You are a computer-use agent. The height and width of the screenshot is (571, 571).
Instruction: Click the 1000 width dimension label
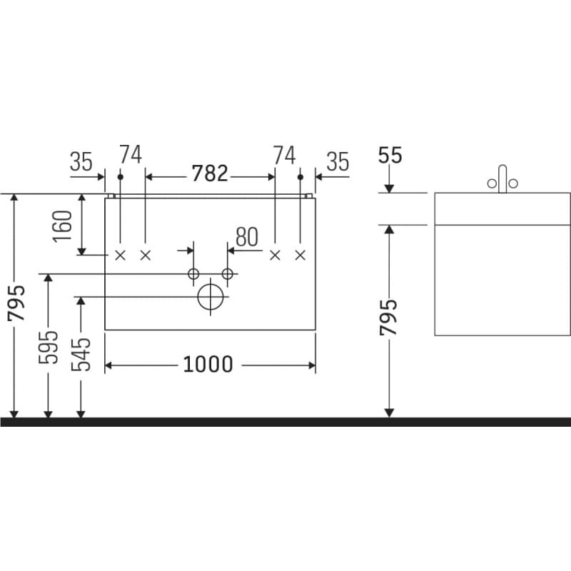pyautogui.click(x=208, y=364)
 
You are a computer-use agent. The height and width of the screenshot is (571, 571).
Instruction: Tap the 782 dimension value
pyautogui.click(x=210, y=173)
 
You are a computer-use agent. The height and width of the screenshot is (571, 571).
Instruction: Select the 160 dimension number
pyautogui.click(x=63, y=226)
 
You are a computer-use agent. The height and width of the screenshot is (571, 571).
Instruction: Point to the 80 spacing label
pyautogui.click(x=247, y=237)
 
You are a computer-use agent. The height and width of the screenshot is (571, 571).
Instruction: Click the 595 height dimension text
pyautogui.click(x=49, y=347)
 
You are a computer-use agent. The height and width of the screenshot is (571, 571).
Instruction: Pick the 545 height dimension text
pyautogui.click(x=81, y=355)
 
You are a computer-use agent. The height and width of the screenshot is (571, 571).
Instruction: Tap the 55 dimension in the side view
pyautogui.click(x=390, y=155)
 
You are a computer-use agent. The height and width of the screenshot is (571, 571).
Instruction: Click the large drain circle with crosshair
pyautogui.click(x=211, y=297)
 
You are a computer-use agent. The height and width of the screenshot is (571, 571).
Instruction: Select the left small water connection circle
pyautogui.click(x=193, y=273)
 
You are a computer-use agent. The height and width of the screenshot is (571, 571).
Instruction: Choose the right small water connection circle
pyautogui.click(x=227, y=273)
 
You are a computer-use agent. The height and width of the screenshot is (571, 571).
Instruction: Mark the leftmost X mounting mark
pyautogui.click(x=120, y=256)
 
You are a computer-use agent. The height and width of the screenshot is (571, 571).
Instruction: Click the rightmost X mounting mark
pyautogui.click(x=300, y=256)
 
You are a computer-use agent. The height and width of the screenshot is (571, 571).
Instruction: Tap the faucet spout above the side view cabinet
pyautogui.click(x=502, y=179)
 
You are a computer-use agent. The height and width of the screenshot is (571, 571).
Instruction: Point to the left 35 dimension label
pyautogui.click(x=81, y=162)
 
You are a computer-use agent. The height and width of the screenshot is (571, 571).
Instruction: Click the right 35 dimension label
pyautogui.click(x=338, y=162)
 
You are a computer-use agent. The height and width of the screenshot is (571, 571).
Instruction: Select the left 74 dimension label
pyautogui.click(x=131, y=154)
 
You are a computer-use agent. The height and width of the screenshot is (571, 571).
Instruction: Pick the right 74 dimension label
pyautogui.click(x=284, y=154)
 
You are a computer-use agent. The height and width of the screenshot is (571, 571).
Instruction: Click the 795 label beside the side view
pyautogui.click(x=388, y=317)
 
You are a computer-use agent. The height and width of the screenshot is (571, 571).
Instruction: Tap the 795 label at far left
pyautogui.click(x=16, y=303)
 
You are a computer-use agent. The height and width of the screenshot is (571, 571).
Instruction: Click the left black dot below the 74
pyautogui.click(x=121, y=177)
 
